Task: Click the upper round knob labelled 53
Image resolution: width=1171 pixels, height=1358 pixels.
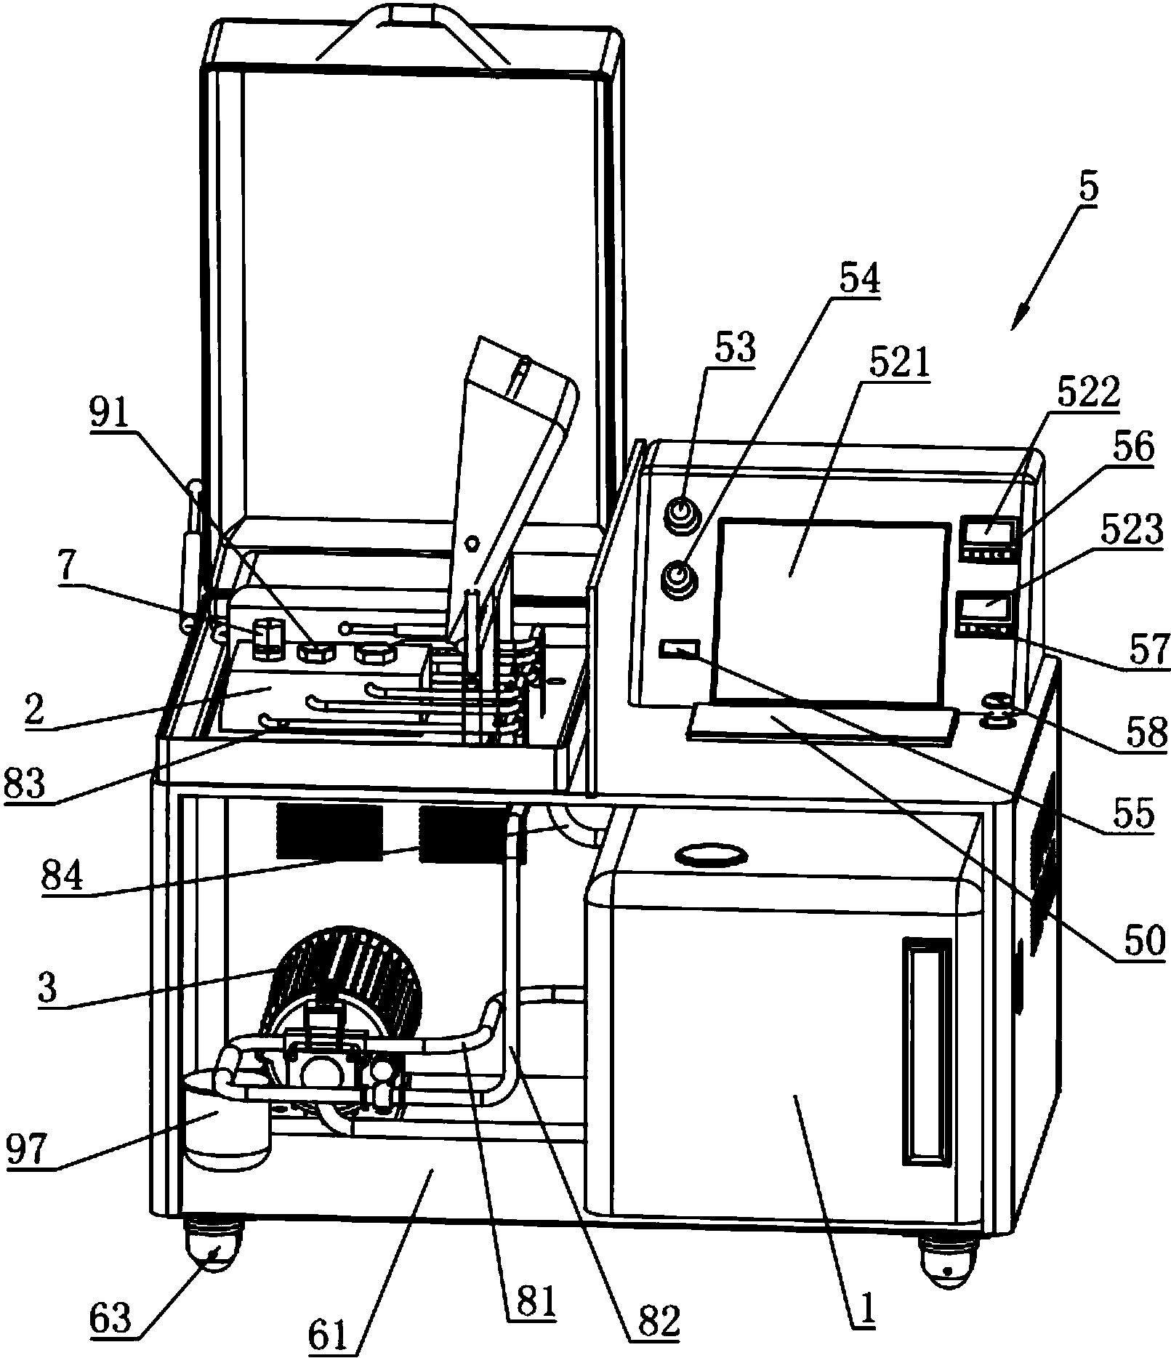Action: tap(681, 515)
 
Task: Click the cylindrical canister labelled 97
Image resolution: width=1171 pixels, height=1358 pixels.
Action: tap(228, 1124)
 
